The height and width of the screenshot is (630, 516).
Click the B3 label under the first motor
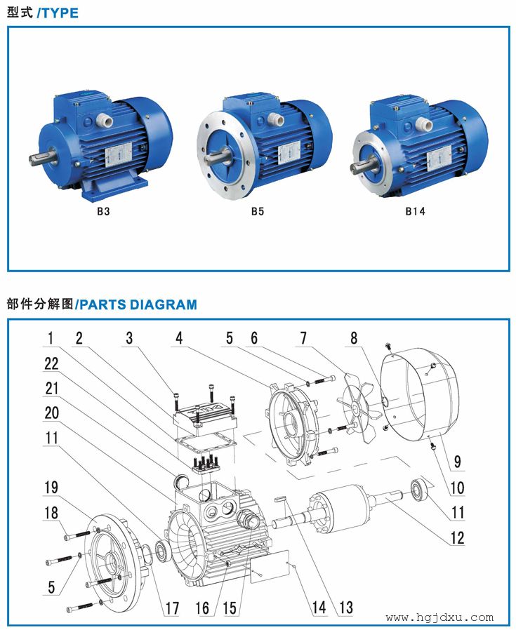coord(103,211)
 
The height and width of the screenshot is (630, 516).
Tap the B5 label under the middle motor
coord(258,211)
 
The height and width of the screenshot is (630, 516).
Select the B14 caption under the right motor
coord(415,211)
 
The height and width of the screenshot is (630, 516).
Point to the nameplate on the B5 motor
coord(289,153)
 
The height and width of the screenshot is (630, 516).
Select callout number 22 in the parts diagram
coord(51,363)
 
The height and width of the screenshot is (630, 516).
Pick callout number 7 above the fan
coord(304,338)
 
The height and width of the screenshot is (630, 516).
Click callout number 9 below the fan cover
coord(457,462)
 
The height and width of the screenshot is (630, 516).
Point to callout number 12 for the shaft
coord(457,537)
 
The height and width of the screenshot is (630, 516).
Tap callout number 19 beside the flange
coord(51,488)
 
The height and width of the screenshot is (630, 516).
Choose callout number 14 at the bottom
coord(319,607)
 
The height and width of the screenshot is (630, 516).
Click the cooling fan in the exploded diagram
coord(357,408)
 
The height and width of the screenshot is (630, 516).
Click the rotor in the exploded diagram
coord(340,508)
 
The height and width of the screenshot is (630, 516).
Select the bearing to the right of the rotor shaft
coord(418,490)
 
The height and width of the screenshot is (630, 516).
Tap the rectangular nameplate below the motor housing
coord(270,566)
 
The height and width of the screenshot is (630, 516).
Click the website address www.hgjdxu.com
coord(439,617)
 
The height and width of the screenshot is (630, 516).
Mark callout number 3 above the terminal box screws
coord(129,338)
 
